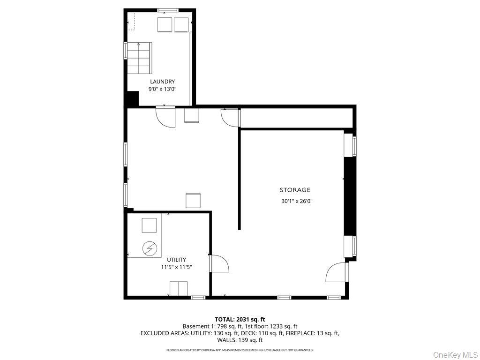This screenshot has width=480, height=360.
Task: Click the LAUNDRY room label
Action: click(162, 82)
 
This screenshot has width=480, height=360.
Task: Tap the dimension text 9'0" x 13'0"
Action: click(162, 89)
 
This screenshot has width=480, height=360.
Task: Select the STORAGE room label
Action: click(295, 190)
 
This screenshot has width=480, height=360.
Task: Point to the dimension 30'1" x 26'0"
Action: click(296, 201)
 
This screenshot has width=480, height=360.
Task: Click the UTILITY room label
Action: click(176, 260)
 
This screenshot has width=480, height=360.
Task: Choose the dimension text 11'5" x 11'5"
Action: click(176, 267)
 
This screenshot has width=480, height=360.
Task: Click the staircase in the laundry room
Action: click(139, 58)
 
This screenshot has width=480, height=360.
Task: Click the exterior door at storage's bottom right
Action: click(337, 272)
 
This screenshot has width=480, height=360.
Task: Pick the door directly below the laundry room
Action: click(165, 117)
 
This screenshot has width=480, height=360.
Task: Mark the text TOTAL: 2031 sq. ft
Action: click(240, 319)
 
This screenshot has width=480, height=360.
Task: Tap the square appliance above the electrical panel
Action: click(150, 225)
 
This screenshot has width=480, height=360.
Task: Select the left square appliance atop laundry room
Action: click(165, 25)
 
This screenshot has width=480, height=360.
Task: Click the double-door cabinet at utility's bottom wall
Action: click(178, 288)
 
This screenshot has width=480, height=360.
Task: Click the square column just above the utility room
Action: click(193, 200)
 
